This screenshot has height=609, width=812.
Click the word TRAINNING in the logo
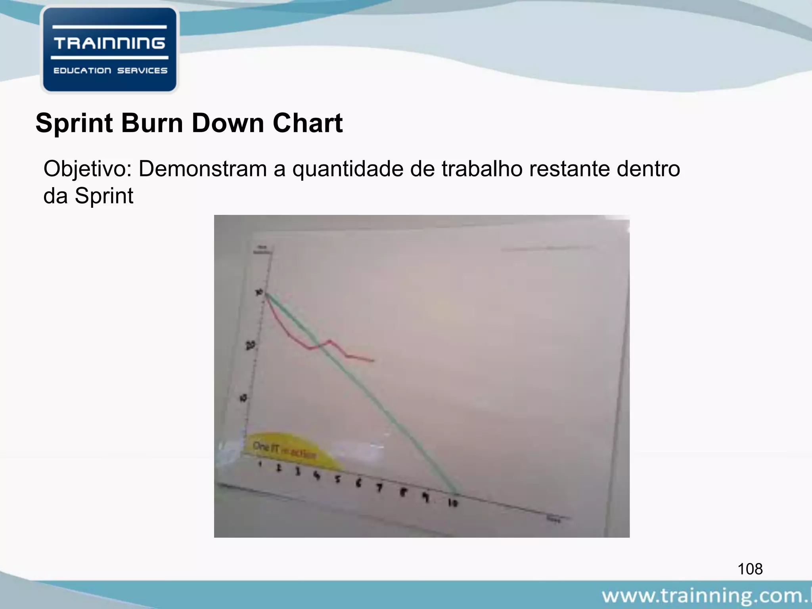(109, 43)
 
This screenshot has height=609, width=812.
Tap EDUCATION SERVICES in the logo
(110, 71)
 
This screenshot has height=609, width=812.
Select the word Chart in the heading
(307, 123)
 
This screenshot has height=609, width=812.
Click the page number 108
(750, 569)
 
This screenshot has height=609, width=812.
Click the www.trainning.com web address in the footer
(706, 596)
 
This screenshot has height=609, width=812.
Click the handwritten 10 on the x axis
(453, 503)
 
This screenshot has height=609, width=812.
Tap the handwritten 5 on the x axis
(337, 479)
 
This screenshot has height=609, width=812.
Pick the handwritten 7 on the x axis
(379, 488)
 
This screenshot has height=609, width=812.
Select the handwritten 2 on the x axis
(279, 468)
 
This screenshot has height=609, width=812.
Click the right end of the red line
(373, 361)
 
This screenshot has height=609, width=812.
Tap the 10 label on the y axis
(243, 398)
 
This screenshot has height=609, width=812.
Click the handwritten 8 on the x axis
(403, 493)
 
